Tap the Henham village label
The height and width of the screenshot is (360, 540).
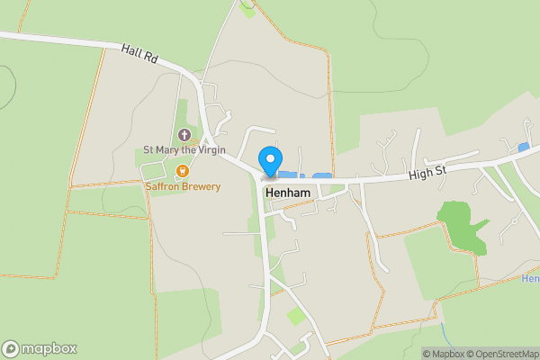(x=287, y=193)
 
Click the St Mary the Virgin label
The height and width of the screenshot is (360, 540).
(x=184, y=150)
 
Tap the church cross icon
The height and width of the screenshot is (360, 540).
(x=184, y=135)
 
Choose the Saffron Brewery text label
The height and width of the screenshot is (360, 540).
(x=184, y=186)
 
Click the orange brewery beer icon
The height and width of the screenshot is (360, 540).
(x=183, y=171)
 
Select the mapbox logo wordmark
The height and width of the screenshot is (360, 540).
(x=49, y=348)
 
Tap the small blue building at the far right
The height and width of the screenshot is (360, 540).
(x=524, y=147)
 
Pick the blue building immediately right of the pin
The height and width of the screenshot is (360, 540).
(x=287, y=174)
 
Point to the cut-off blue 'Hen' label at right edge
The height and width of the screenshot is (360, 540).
(x=531, y=279)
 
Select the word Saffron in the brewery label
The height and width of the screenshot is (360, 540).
(x=165, y=186)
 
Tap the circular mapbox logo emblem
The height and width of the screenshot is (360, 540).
(x=11, y=348)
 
